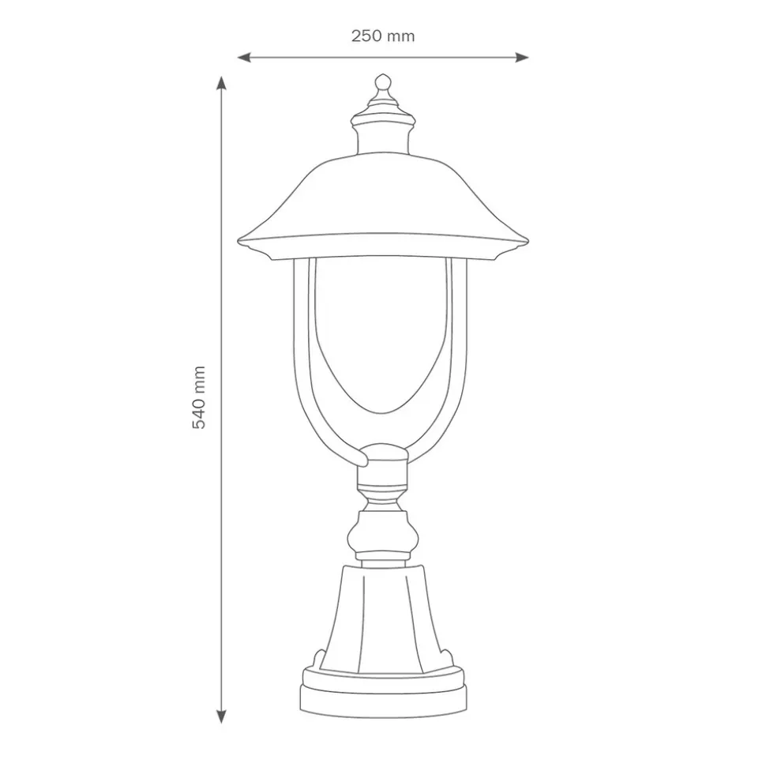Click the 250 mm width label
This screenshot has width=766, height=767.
tap(383, 36)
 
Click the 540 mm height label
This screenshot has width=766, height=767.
tap(198, 397)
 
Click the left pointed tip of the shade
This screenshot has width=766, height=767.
tap(238, 242)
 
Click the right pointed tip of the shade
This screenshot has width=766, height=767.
tap(528, 242)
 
